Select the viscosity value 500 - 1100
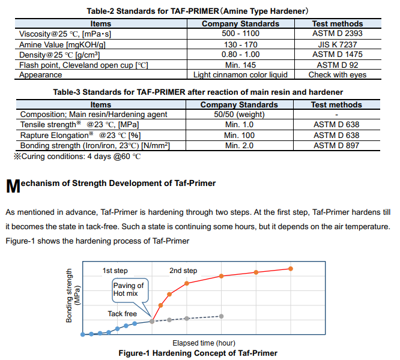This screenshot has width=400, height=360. [240, 34]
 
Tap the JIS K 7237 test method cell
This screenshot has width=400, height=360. [337, 44]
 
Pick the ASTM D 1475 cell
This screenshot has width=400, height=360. [337, 54]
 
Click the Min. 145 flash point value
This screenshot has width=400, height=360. [240, 65]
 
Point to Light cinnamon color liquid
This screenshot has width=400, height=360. [240, 75]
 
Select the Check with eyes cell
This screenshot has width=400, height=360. [337, 75]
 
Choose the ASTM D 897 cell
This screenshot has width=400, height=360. [336, 145]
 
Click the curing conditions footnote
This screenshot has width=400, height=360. [77, 156]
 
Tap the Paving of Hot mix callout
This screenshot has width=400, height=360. [129, 289]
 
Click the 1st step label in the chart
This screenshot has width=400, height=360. [115, 271]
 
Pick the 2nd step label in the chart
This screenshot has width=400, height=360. [183, 271]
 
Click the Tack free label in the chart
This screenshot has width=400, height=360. [122, 314]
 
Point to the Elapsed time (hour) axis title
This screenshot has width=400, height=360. [204, 343]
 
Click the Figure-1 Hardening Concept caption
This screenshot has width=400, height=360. [198, 353]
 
